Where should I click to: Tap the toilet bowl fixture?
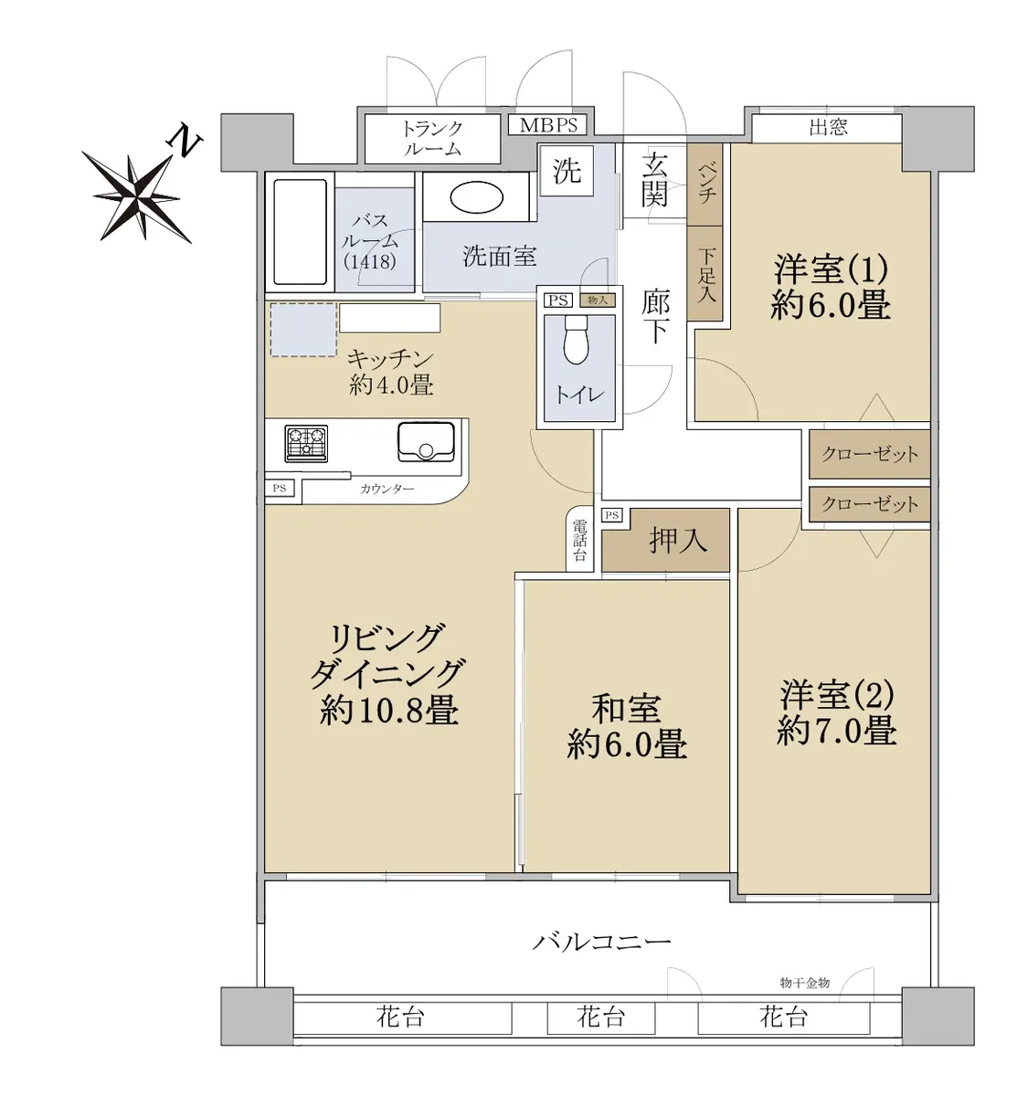(x=576, y=341)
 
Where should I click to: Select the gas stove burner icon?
(x=306, y=444)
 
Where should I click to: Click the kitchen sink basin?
(x=426, y=442)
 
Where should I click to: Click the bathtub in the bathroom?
(x=300, y=232)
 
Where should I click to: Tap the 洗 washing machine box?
(x=567, y=171)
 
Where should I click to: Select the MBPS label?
(x=548, y=125)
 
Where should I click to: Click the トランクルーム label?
(x=432, y=139)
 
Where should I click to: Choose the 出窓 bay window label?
(x=828, y=128)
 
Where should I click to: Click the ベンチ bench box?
(x=704, y=184)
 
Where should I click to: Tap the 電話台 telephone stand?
(x=579, y=539)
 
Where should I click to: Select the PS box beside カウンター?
(x=280, y=489)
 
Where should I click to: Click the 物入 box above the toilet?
(x=597, y=300)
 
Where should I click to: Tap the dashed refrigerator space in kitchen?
(x=303, y=330)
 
